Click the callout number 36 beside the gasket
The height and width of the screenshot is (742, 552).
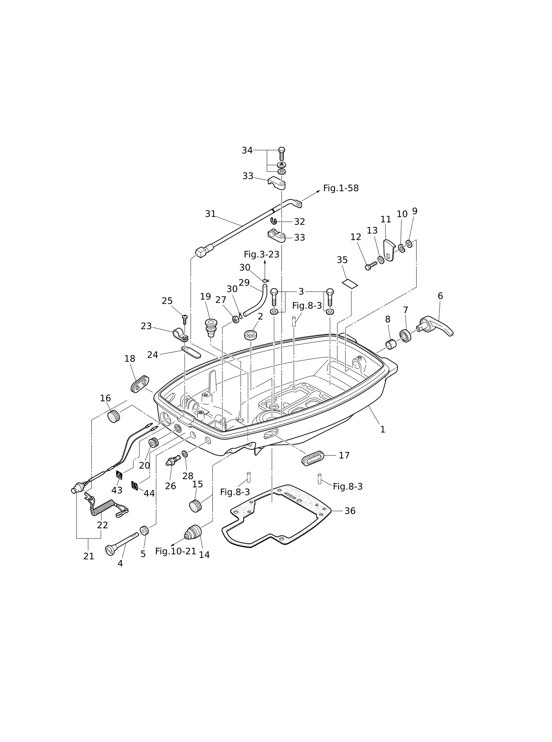click(x=350, y=511)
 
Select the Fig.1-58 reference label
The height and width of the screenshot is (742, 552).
click(x=341, y=188)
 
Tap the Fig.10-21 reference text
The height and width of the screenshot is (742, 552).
click(x=176, y=551)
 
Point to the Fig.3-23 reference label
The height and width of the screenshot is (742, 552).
click(x=262, y=254)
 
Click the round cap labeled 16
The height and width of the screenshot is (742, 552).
click(x=114, y=417)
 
